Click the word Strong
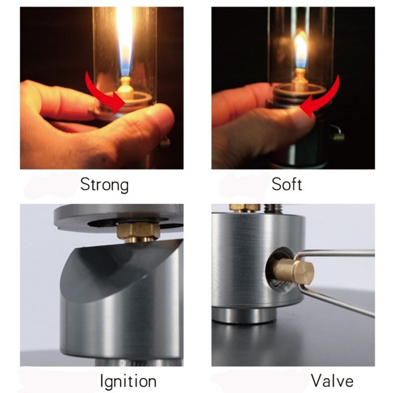pyautogui.click(x=104, y=185)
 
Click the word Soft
pyautogui.click(x=287, y=185)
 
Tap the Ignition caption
pyautogui.click(x=128, y=381)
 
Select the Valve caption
pyautogui.click(x=332, y=381)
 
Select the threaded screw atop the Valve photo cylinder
pyautogui.click(x=271, y=208)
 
